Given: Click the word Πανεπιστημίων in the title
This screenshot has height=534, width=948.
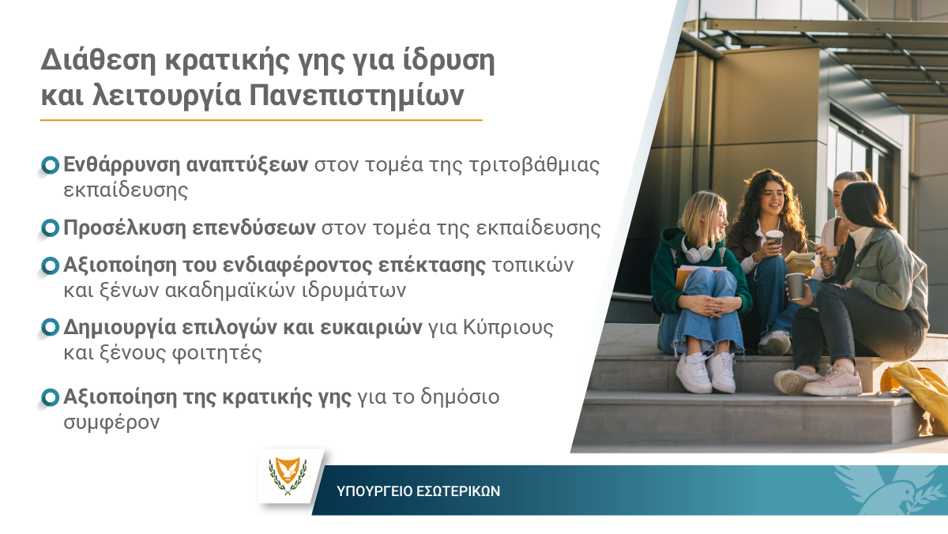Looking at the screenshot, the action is pos(356,96).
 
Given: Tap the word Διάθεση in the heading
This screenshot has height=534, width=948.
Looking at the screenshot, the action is pos(98,60).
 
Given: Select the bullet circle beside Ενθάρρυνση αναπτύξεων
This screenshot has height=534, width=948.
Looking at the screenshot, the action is pos(50,165).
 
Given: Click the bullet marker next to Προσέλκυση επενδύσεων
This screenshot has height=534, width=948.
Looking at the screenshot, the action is pos(50,228).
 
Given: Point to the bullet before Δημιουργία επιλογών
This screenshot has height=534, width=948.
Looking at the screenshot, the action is pos(50,328).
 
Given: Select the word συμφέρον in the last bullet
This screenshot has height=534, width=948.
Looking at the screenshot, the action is pos(111,423).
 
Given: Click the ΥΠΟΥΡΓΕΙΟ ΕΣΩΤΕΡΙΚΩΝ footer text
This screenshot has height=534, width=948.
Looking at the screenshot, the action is pos(418,491).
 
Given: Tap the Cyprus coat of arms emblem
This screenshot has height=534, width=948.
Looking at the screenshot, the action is pos(288,476).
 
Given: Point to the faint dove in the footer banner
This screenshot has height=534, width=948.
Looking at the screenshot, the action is pos(891,490).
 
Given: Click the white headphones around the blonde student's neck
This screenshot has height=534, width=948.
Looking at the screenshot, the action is pos(698,250).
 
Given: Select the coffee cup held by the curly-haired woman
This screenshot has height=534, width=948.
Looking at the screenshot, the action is pos(774,239).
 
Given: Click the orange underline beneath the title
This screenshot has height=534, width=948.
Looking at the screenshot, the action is pos(261,120).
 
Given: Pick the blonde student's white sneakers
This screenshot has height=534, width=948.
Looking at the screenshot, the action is pos(706,371).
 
